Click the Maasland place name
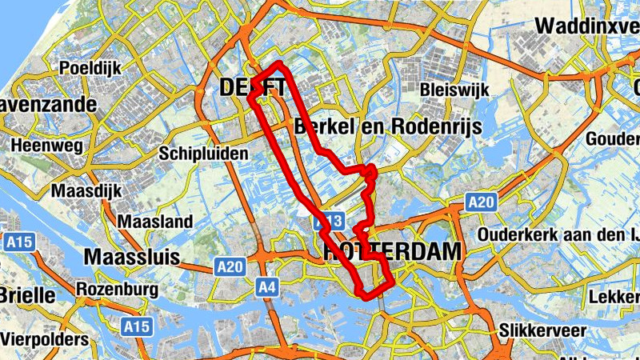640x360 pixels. pos(155,221)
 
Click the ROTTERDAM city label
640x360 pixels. pos(392,252)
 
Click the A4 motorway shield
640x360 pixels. pos(267,286)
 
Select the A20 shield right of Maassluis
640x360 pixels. pos(230,267)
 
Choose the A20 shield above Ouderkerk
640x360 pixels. pos(482,202)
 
